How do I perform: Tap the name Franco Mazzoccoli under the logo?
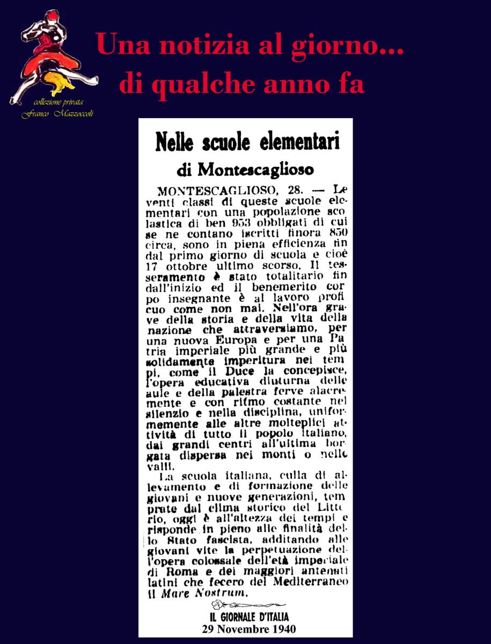pos(57,114)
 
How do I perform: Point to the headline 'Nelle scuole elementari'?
pos(247,144)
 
